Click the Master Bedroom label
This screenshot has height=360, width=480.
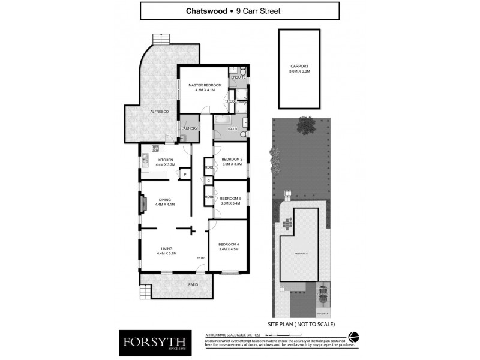click(205, 85)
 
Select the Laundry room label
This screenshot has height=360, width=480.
click(190, 128)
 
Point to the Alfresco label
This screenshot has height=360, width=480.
click(159, 112)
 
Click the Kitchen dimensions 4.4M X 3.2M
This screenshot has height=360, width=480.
click(165, 164)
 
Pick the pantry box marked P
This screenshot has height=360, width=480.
click(185, 175)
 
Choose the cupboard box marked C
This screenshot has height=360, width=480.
click(209, 180)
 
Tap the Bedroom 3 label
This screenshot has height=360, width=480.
click(230, 199)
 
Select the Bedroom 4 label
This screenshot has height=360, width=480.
click(228, 244)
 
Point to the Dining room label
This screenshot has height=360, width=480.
click(165, 200)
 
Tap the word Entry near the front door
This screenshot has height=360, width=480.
click(200, 258)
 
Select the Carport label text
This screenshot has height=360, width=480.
click(299, 67)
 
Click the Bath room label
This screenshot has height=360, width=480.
click(232, 128)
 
